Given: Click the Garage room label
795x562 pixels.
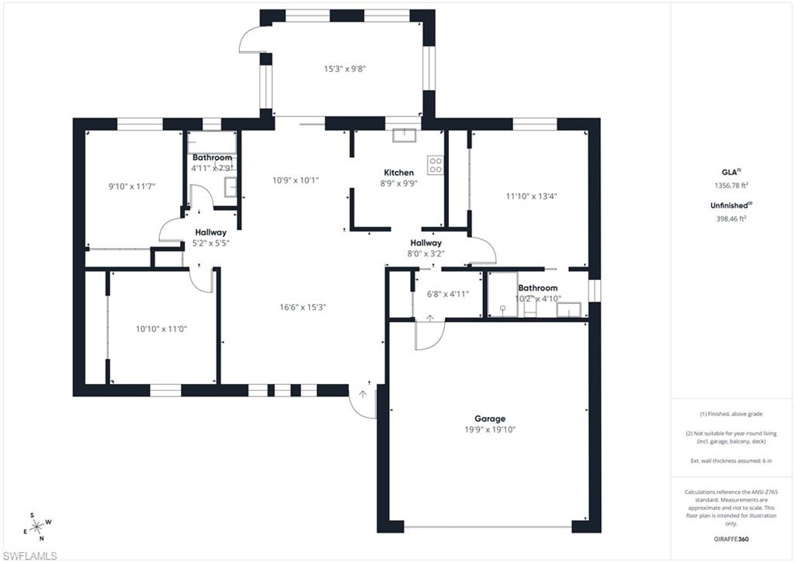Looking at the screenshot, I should click(490, 418).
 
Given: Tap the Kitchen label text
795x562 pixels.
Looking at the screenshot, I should click(399, 173).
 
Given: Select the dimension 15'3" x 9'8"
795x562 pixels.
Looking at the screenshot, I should click(344, 68).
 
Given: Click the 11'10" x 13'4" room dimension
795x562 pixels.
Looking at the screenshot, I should click(532, 196).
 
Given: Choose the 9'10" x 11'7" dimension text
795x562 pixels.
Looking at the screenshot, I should click(132, 186).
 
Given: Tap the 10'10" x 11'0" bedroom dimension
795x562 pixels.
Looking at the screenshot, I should click(161, 329).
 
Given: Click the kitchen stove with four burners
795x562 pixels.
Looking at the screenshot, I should click(436, 165).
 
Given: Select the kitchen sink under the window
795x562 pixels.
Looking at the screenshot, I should click(404, 136).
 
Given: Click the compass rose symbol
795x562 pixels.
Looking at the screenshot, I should click(36, 526).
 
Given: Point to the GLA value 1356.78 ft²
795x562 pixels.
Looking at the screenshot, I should click(731, 186).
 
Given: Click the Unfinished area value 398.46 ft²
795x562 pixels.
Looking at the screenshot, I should click(731, 218).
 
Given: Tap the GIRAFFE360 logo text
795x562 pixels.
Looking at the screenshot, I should click(732, 538).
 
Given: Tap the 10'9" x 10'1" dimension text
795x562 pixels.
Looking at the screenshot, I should click(295, 180).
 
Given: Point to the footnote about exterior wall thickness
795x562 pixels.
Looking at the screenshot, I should click(731, 461).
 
